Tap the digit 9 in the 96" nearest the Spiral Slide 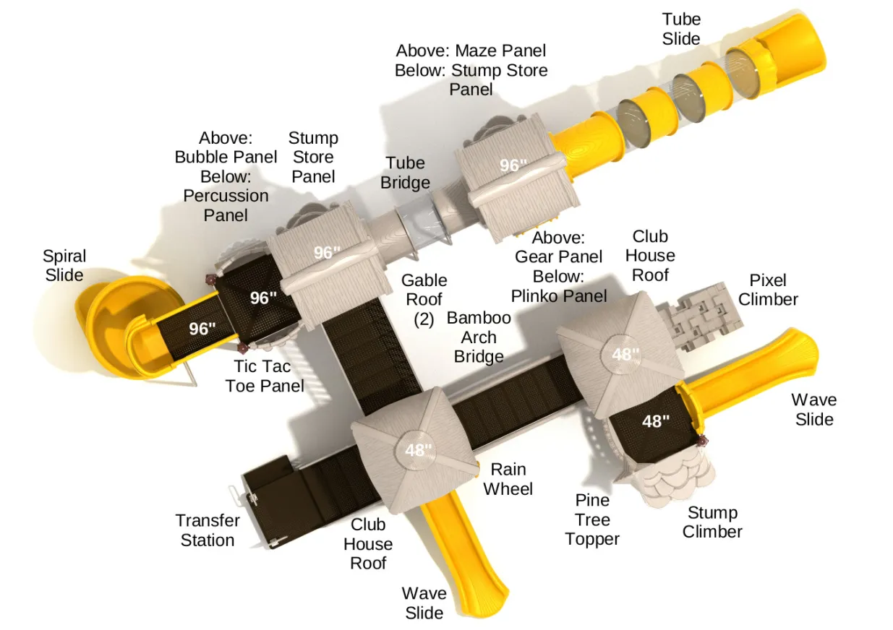(194, 329)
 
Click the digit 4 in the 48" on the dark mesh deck (647, 421)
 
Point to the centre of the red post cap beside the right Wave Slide (701, 441)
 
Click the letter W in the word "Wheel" (491, 488)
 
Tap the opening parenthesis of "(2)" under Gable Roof (416, 320)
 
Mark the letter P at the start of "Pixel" (754, 280)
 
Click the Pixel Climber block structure (699, 317)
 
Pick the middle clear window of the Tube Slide (689, 97)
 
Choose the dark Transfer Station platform (275, 503)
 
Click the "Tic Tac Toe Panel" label (264, 376)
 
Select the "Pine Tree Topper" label (592, 519)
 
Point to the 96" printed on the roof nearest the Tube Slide (513, 165)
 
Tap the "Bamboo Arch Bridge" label (479, 337)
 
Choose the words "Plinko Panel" (559, 296)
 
